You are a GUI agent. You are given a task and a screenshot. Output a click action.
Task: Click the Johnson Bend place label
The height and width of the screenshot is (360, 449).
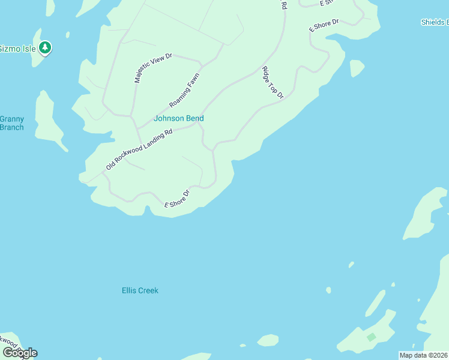pyautogui.click(x=178, y=118)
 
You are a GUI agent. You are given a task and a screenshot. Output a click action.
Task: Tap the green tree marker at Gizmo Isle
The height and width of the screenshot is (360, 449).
pyautogui.click(x=44, y=47)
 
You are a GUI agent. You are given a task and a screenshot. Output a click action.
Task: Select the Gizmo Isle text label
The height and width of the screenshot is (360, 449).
pyautogui.click(x=16, y=48)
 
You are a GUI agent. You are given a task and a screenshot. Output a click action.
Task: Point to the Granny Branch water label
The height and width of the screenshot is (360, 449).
pyautogui.click(x=12, y=123)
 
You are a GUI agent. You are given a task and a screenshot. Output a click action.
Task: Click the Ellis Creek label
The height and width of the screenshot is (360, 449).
pyautogui.click(x=140, y=290)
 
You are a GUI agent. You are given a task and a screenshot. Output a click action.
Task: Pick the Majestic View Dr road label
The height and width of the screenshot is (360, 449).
pyautogui.click(x=152, y=68)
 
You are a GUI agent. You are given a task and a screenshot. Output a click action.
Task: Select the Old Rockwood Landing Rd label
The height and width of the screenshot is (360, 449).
pyautogui.click(x=139, y=149)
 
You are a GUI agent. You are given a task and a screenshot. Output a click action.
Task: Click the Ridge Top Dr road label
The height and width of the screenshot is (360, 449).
pyautogui.click(x=272, y=83)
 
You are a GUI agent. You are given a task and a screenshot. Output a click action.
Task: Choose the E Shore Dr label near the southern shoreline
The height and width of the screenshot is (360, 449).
pyautogui.click(x=177, y=200)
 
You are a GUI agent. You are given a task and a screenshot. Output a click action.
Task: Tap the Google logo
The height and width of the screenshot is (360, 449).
pyautogui.click(x=20, y=353)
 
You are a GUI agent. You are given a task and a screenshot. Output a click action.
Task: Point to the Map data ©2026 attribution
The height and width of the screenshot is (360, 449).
pyautogui.click(x=423, y=355)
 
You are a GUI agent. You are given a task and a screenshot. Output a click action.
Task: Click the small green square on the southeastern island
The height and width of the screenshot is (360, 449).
pyautogui.click(x=371, y=337)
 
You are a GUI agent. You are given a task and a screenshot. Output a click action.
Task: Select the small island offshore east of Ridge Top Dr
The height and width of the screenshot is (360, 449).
pyautogui.click(x=357, y=68)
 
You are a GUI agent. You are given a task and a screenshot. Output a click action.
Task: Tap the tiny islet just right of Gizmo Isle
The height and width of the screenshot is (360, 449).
pyautogui.click(x=68, y=35)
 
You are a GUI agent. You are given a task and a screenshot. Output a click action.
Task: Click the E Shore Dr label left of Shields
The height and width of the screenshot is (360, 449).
pyautogui.click(x=324, y=25)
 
